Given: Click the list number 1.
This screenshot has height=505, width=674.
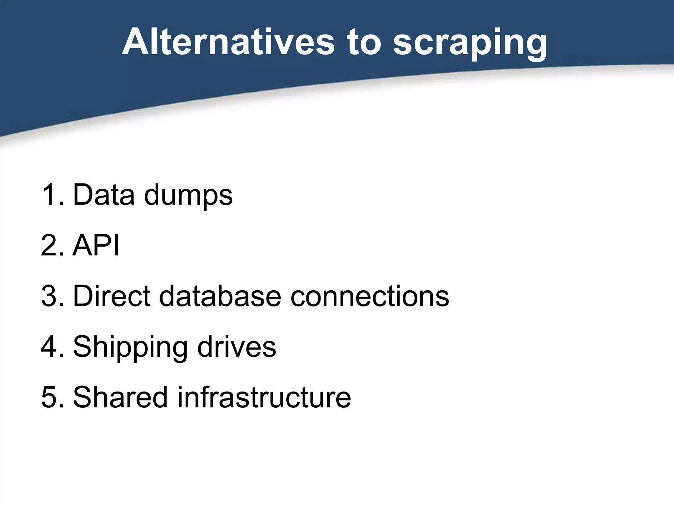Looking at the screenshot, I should pos(49,195).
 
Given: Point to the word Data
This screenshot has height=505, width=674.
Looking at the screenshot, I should pos(104,195).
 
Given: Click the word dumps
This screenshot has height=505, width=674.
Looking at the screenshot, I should pos(188,197).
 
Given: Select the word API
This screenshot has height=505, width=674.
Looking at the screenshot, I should pos(96,245).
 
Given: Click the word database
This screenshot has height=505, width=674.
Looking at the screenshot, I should pos(220,296).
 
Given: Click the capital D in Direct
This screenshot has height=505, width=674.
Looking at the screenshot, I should pos(82,296).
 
